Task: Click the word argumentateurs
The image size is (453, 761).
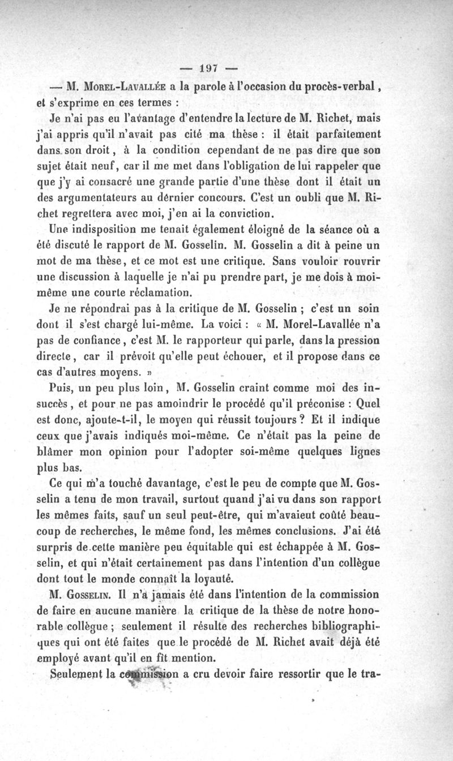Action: point(101,199)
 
